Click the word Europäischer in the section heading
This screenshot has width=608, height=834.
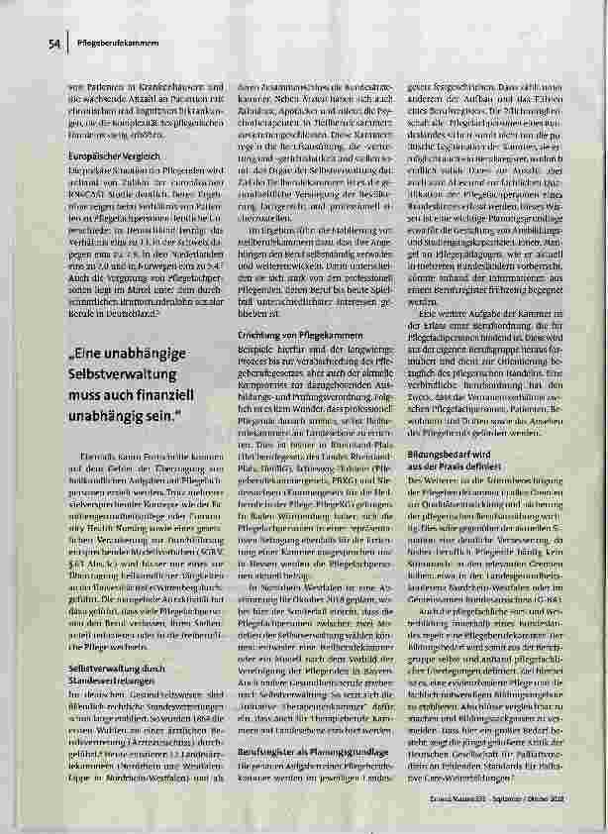tap(95, 156)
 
